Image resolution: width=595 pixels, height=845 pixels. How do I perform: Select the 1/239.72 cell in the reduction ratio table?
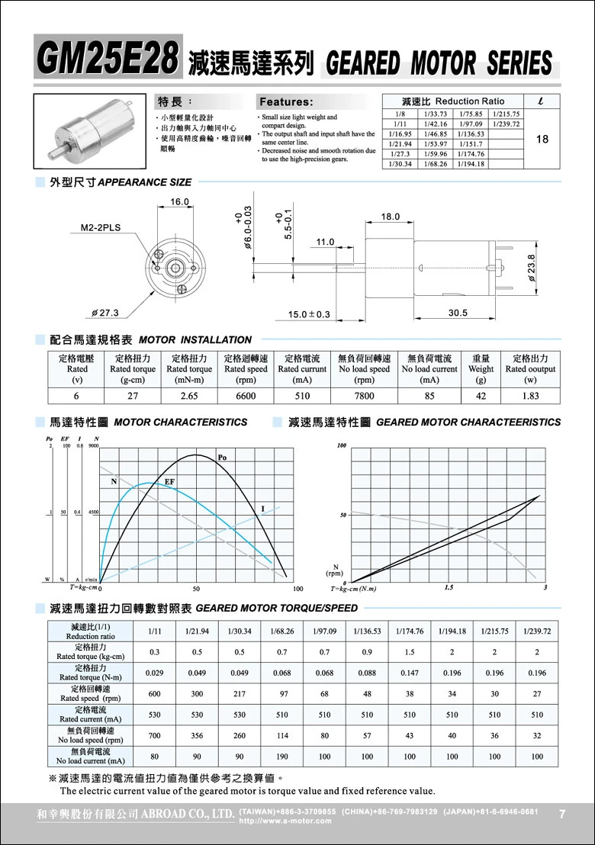tap(507, 124)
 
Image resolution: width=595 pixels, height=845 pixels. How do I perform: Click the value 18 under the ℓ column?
tap(543, 139)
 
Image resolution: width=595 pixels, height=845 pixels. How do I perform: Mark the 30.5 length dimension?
tap(458, 313)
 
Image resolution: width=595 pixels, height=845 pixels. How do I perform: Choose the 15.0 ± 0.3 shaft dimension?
tap(309, 314)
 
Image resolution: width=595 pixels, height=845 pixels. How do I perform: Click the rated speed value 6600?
tap(246, 396)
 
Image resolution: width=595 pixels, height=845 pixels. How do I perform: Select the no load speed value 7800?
tap(365, 396)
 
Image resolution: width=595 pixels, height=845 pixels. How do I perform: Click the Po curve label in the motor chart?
tap(223, 458)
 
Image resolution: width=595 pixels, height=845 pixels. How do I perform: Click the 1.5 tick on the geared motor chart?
tap(449, 588)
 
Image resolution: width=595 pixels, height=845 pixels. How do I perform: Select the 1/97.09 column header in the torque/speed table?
tap(325, 631)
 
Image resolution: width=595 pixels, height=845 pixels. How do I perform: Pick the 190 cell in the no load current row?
tap(282, 757)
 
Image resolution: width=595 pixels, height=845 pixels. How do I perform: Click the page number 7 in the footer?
tap(562, 814)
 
